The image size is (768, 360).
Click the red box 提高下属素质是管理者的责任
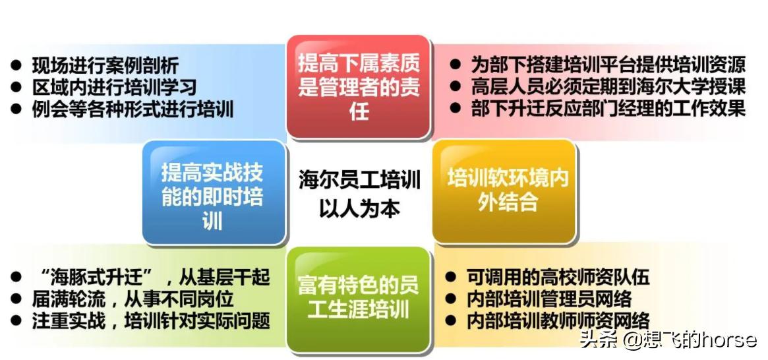(359, 86)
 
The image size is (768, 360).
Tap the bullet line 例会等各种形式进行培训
(133, 108)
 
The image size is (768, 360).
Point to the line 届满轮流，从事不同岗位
(133, 299)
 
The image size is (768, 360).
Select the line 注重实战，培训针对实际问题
(151, 321)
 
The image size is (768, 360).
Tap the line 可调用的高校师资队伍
(558, 277)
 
